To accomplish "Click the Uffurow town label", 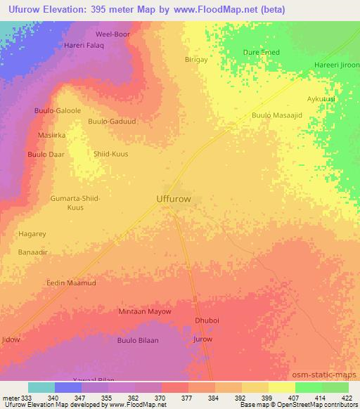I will pos(172,199).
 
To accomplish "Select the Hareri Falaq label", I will pos(84,45).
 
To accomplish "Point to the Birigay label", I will pos(195,60).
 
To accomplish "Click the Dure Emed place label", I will pos(261,52).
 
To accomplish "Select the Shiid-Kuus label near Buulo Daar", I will pos(111,153).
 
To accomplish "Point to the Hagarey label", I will pos(32,233).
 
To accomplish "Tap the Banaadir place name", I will pos(32,250).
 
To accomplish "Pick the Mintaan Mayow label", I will pos(145,311).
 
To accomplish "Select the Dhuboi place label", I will pos(207,320).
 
